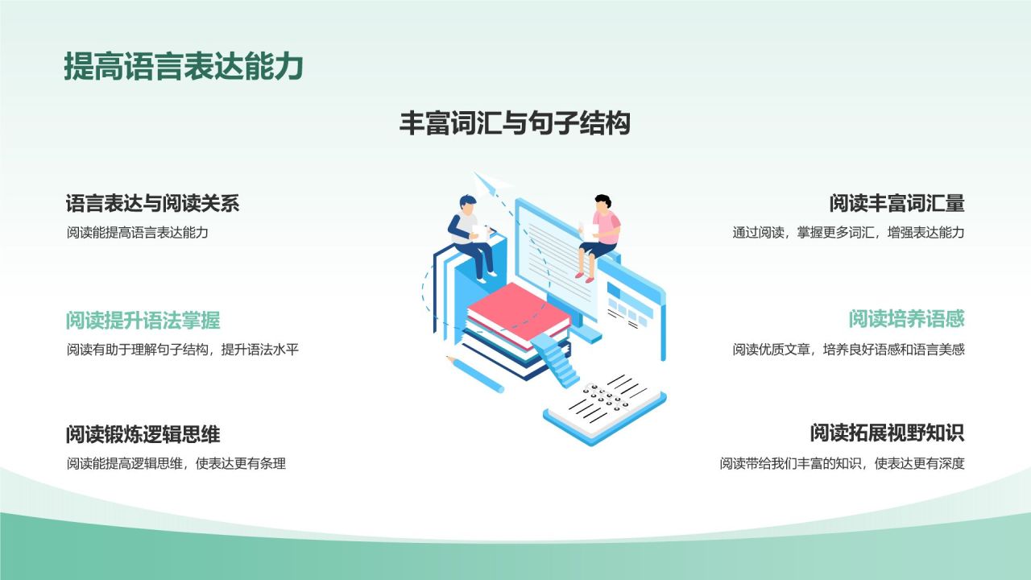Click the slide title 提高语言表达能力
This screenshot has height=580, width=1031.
[183, 67]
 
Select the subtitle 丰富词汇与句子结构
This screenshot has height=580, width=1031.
[515, 123]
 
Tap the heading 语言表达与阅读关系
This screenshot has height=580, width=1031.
[152, 203]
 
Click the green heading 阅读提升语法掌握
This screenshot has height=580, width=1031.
[143, 321]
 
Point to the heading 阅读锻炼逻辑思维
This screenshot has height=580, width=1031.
[143, 435]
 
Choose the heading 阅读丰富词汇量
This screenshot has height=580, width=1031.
[896, 203]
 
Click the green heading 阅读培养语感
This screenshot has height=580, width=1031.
[906, 319]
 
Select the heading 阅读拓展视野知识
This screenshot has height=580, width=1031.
[887, 433]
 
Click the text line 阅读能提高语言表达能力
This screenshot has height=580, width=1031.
[138, 233]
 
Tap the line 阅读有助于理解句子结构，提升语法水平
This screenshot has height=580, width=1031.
[183, 350]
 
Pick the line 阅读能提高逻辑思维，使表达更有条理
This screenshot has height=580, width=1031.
[176, 464]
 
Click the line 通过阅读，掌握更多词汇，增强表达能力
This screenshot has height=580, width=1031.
[848, 233]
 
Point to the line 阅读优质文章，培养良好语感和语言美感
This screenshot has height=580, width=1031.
[848, 350]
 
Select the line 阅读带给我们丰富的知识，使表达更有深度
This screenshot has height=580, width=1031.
[842, 464]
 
